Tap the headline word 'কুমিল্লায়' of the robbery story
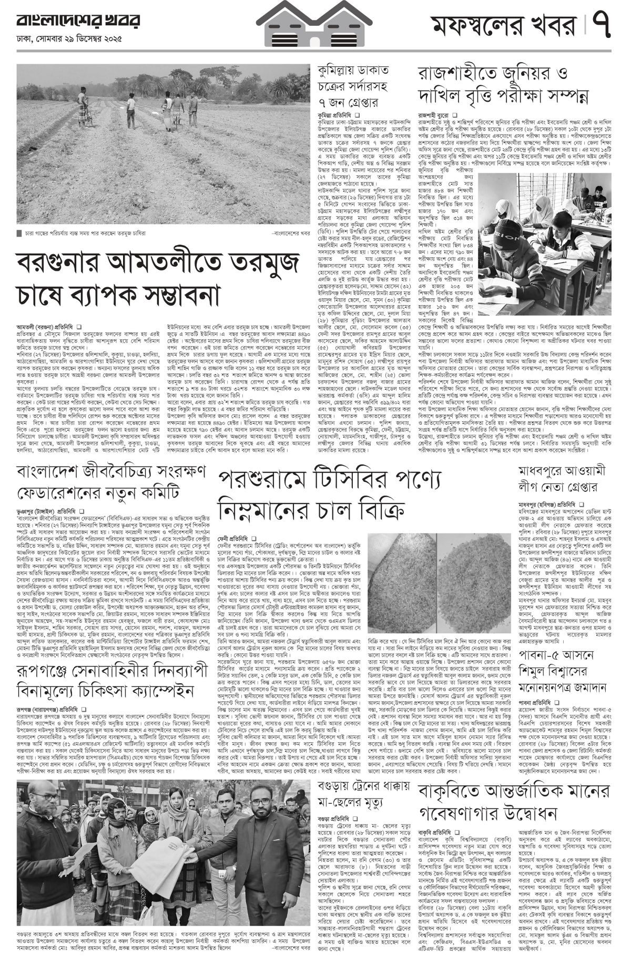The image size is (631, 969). coord(337,70)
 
